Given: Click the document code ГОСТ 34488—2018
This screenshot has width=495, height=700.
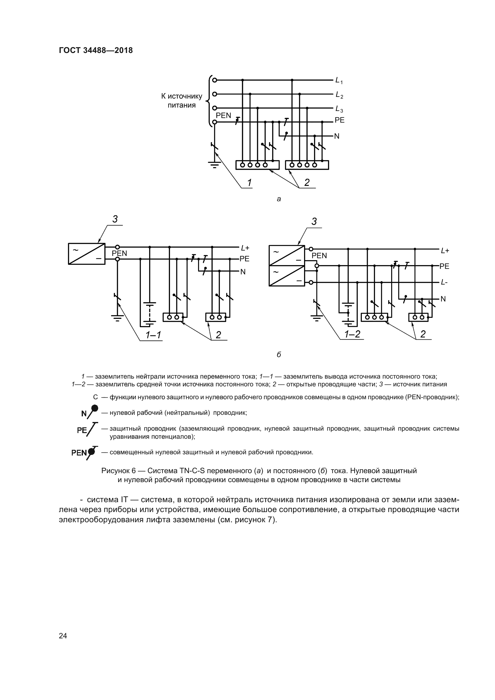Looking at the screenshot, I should click(96, 50).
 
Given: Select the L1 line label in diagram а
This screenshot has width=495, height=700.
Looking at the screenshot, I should click(339, 81).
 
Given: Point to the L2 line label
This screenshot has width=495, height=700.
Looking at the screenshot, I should click(339, 95).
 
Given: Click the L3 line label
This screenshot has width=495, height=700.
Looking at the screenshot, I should click(339, 109).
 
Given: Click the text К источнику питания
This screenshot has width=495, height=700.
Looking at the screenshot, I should click(182, 101).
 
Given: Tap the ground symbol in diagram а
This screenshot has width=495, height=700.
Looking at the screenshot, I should click(215, 165).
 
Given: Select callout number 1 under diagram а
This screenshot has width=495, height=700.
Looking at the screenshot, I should click(249, 183).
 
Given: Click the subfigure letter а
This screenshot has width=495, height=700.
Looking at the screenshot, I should click(279, 199).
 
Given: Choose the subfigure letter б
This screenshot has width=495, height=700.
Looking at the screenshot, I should click(279, 355).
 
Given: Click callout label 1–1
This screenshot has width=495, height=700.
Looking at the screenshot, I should click(153, 335).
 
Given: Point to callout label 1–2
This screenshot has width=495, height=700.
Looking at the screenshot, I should click(352, 334).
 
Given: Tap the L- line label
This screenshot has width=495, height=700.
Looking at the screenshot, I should click(444, 283).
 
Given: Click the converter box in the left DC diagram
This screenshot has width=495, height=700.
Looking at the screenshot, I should click(86, 254).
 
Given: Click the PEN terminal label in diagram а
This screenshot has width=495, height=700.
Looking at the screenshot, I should click(224, 116).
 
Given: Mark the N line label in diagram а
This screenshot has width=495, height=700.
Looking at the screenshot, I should click(337, 136).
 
